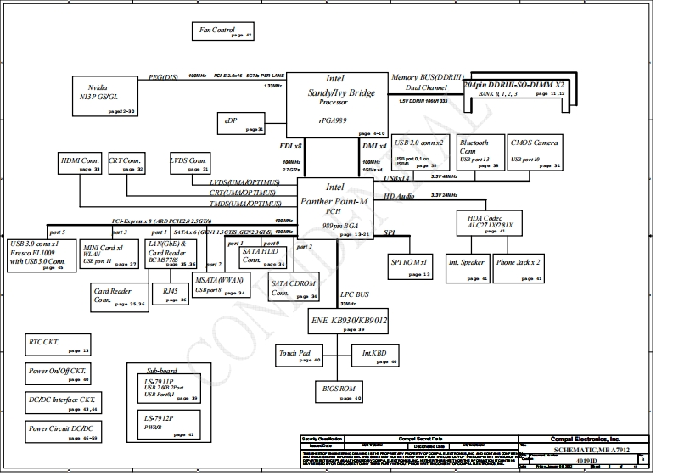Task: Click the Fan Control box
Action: (223, 31)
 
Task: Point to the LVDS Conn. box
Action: (188, 165)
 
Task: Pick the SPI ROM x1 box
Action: (412, 267)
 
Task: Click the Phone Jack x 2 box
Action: (519, 267)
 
